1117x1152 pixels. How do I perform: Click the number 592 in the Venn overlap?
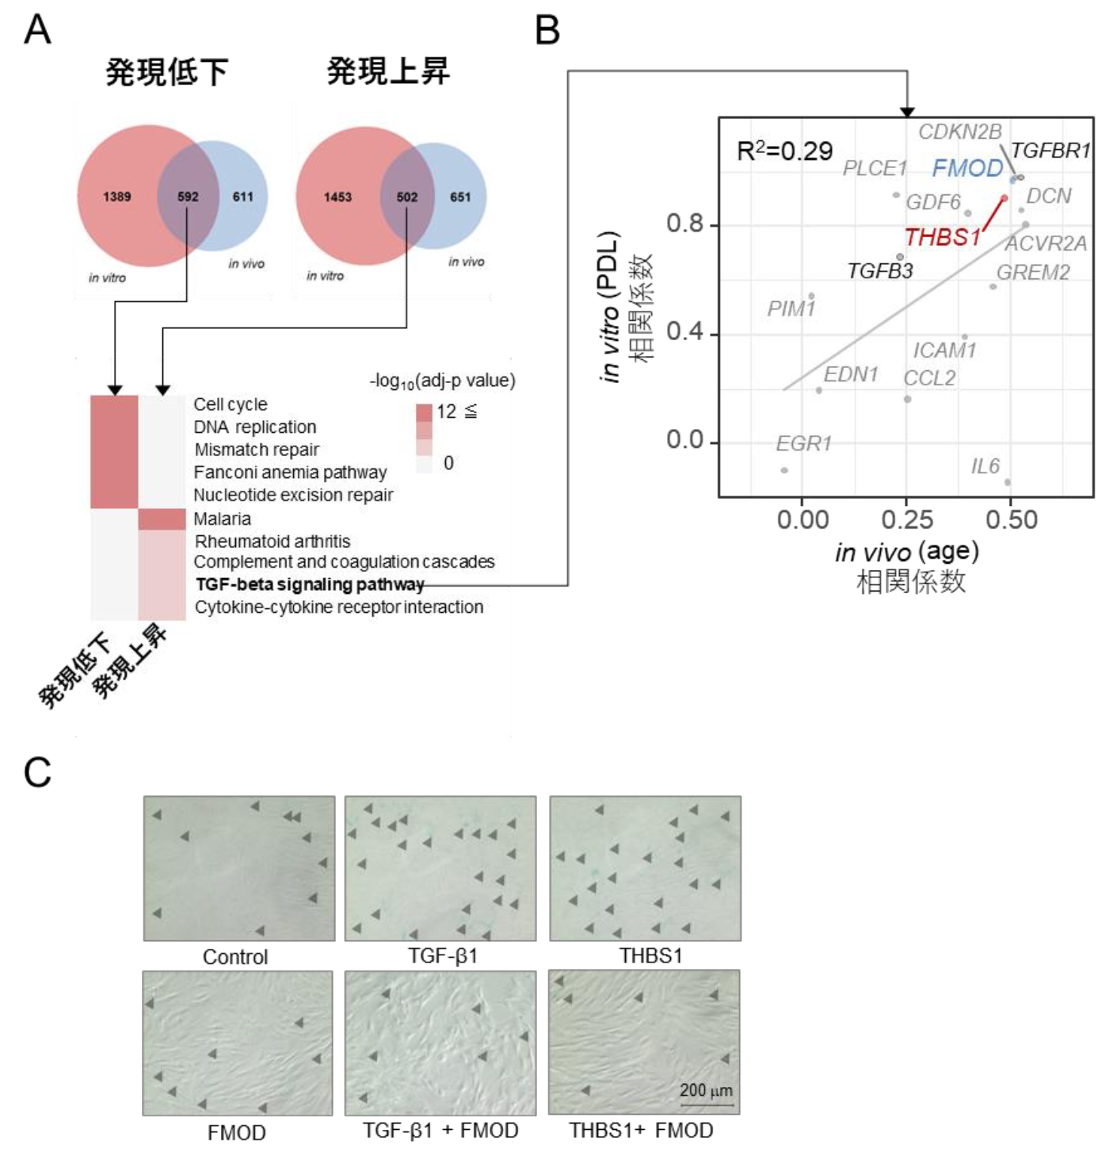pos(188,197)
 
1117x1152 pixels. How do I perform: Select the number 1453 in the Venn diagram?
pos(337,197)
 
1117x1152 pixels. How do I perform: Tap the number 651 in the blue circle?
pos(460,197)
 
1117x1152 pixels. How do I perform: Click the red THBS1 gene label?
pos(943,237)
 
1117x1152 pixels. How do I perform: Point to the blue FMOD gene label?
pos(967,168)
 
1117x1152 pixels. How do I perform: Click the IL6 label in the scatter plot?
pos(985,466)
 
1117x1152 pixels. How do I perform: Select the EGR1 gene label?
pos(803,444)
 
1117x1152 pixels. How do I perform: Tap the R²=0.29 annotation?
pos(783,151)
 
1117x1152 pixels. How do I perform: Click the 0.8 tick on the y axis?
pos(684,224)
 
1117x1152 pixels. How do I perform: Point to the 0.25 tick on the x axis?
pos(907,520)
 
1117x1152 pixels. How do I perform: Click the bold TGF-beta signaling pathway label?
pos(310,585)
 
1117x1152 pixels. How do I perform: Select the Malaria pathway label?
pos(223,519)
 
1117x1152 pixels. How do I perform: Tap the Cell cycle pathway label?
pos(231,404)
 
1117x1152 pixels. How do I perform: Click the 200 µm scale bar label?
pos(706,1091)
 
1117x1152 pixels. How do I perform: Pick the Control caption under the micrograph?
pos(235,957)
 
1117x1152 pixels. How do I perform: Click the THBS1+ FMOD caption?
pos(641,1131)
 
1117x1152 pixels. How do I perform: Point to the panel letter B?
pos(547,32)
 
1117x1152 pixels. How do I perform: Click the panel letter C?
pos(37,772)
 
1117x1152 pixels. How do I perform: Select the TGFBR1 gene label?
pos(1050,151)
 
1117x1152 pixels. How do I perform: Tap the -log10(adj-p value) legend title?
pos(442,381)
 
